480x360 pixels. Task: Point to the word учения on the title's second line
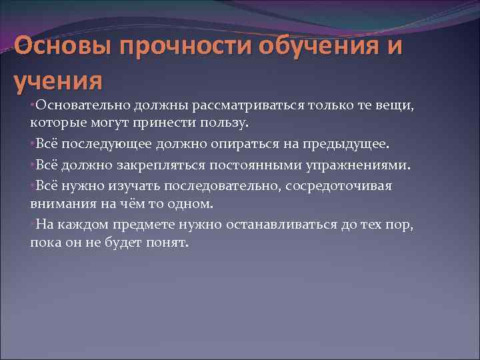tap(59, 81)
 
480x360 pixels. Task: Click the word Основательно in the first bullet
tap(84, 105)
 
